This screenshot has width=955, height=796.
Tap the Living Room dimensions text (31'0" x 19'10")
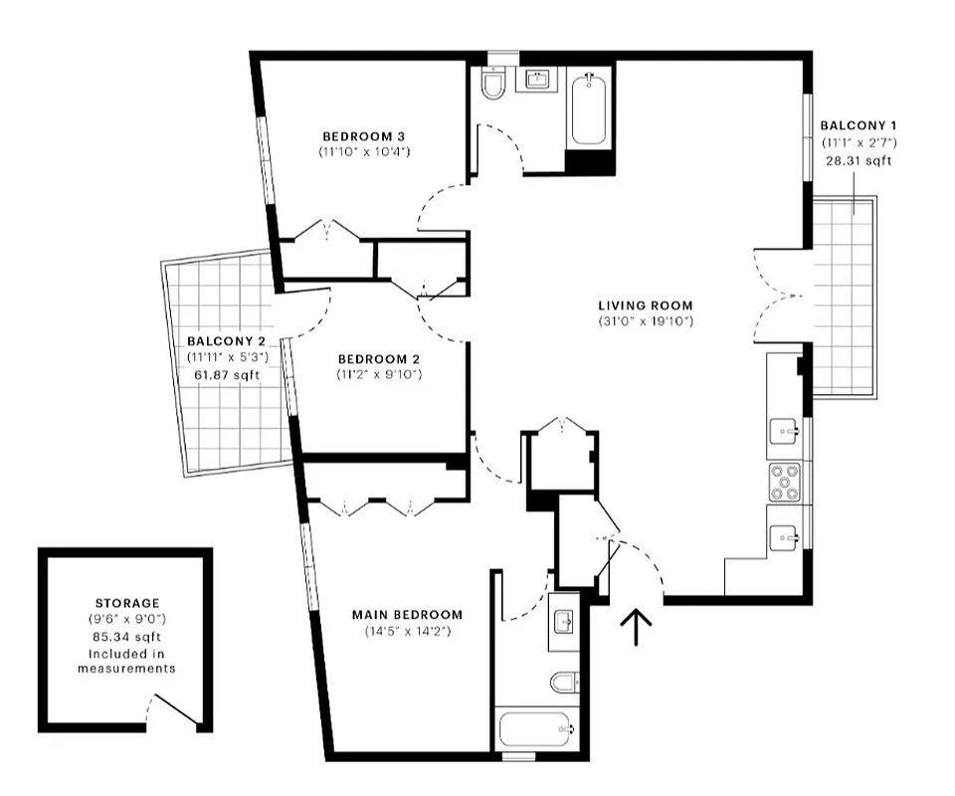(645, 321)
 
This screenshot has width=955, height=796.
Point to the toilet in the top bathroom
(493, 86)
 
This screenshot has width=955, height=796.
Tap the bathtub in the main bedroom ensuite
(535, 734)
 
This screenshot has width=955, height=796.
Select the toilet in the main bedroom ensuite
(563, 683)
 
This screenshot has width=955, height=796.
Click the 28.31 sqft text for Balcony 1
(859, 160)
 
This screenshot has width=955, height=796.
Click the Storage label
(126, 603)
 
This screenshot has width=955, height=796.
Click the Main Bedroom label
(407, 614)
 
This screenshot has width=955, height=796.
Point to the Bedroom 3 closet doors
(328, 230)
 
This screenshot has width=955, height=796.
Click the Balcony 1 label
(858, 125)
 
